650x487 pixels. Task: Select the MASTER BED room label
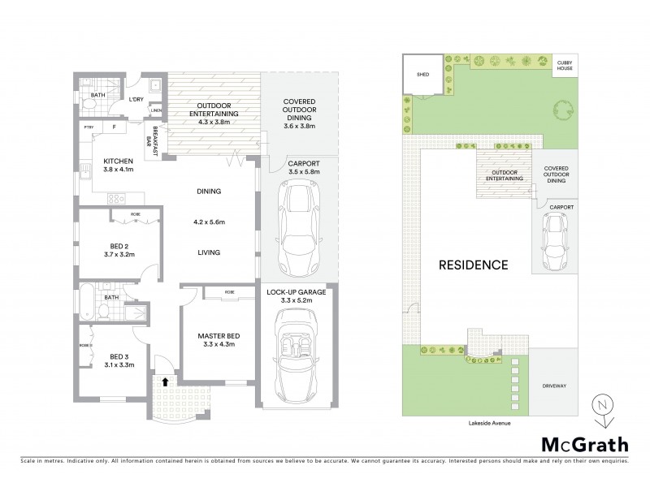215,336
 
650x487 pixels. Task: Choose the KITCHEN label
118,162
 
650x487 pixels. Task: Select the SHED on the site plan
422,73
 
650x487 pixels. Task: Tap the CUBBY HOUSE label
564,66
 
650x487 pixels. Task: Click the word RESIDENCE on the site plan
474,265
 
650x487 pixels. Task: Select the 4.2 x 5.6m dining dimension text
208,222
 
